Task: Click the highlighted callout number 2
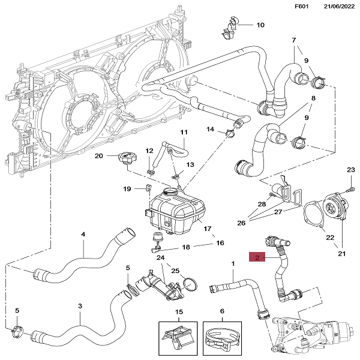click(x=256, y=258)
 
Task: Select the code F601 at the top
click(x=301, y=7)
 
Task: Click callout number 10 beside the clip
click(x=260, y=25)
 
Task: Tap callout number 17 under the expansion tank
click(x=208, y=229)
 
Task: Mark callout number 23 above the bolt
click(x=351, y=171)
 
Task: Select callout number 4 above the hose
click(x=83, y=235)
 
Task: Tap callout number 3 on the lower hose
click(x=80, y=305)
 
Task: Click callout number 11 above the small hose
click(x=184, y=132)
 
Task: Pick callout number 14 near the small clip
click(x=211, y=129)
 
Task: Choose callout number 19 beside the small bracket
click(x=127, y=190)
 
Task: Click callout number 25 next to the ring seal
click(x=175, y=271)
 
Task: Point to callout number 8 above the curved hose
click(x=313, y=98)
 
